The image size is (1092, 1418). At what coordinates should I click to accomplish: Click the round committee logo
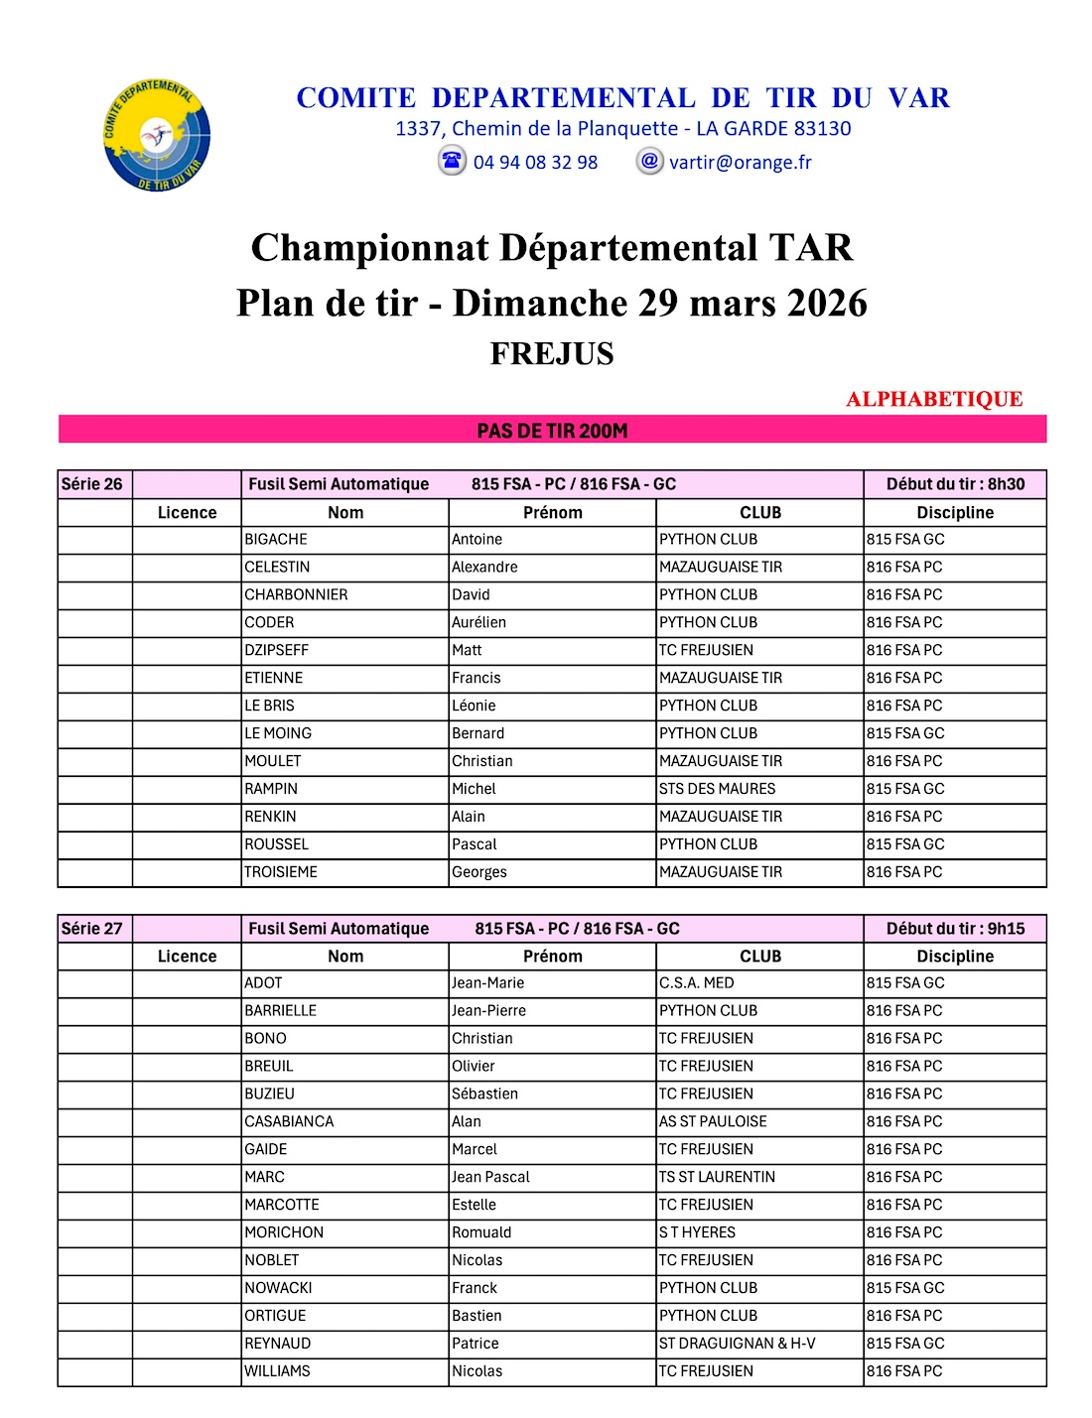pos(157,136)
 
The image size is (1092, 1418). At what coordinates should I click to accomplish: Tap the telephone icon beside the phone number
pos(452,161)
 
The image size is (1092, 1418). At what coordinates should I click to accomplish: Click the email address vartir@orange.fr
pos(740,163)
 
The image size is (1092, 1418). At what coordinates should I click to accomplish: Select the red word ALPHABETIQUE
pos(934,399)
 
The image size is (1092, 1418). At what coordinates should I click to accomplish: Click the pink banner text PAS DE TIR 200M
pos(552,431)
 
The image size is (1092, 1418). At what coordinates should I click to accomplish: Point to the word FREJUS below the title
pos(552,354)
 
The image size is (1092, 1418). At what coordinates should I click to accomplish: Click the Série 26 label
pos(92,484)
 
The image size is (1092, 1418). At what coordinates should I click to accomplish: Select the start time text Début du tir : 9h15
pos(955,929)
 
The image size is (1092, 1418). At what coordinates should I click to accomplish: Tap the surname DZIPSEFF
pos(277,650)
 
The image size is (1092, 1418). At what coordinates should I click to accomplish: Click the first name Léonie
pos(474,706)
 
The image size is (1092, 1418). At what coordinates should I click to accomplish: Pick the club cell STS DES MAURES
pos(717,789)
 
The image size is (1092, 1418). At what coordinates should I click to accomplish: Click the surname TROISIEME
pos(281,872)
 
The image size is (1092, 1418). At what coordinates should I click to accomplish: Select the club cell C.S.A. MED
pos(697,982)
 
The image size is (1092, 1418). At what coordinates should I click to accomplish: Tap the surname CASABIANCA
pos(289,1121)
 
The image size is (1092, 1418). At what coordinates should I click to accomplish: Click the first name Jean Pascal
pos(490,1177)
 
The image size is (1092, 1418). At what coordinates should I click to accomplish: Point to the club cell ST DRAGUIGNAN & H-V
pos(737,1344)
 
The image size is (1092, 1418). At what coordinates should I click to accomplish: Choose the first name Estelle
pos(474,1205)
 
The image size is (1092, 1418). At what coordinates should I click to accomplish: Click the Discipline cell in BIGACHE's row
pos(905,539)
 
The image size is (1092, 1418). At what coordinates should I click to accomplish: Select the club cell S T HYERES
pos(697,1232)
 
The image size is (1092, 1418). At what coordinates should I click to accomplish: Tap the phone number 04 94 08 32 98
pos(535,163)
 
